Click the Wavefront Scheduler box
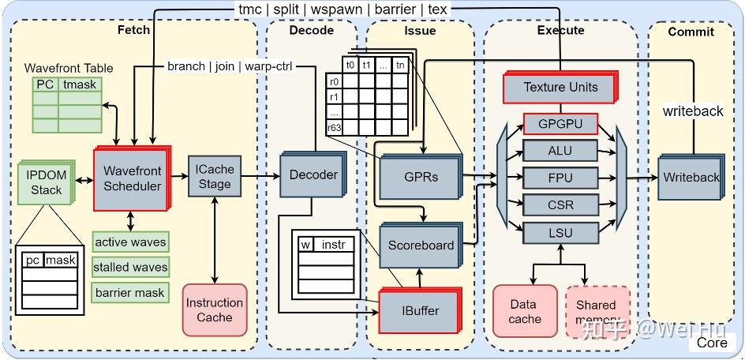(x=132, y=178)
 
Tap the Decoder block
(x=313, y=174)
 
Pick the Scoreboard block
(x=421, y=245)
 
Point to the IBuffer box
(x=420, y=310)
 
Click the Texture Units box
(x=560, y=87)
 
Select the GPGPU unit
(x=560, y=124)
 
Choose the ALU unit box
(x=560, y=151)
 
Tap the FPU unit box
(x=560, y=178)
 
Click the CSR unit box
(x=560, y=205)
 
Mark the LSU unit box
(x=560, y=232)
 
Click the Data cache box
(x=524, y=311)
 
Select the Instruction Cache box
(x=214, y=310)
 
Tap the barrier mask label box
(x=129, y=293)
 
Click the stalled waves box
(x=129, y=267)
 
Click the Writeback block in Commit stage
(x=691, y=178)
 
